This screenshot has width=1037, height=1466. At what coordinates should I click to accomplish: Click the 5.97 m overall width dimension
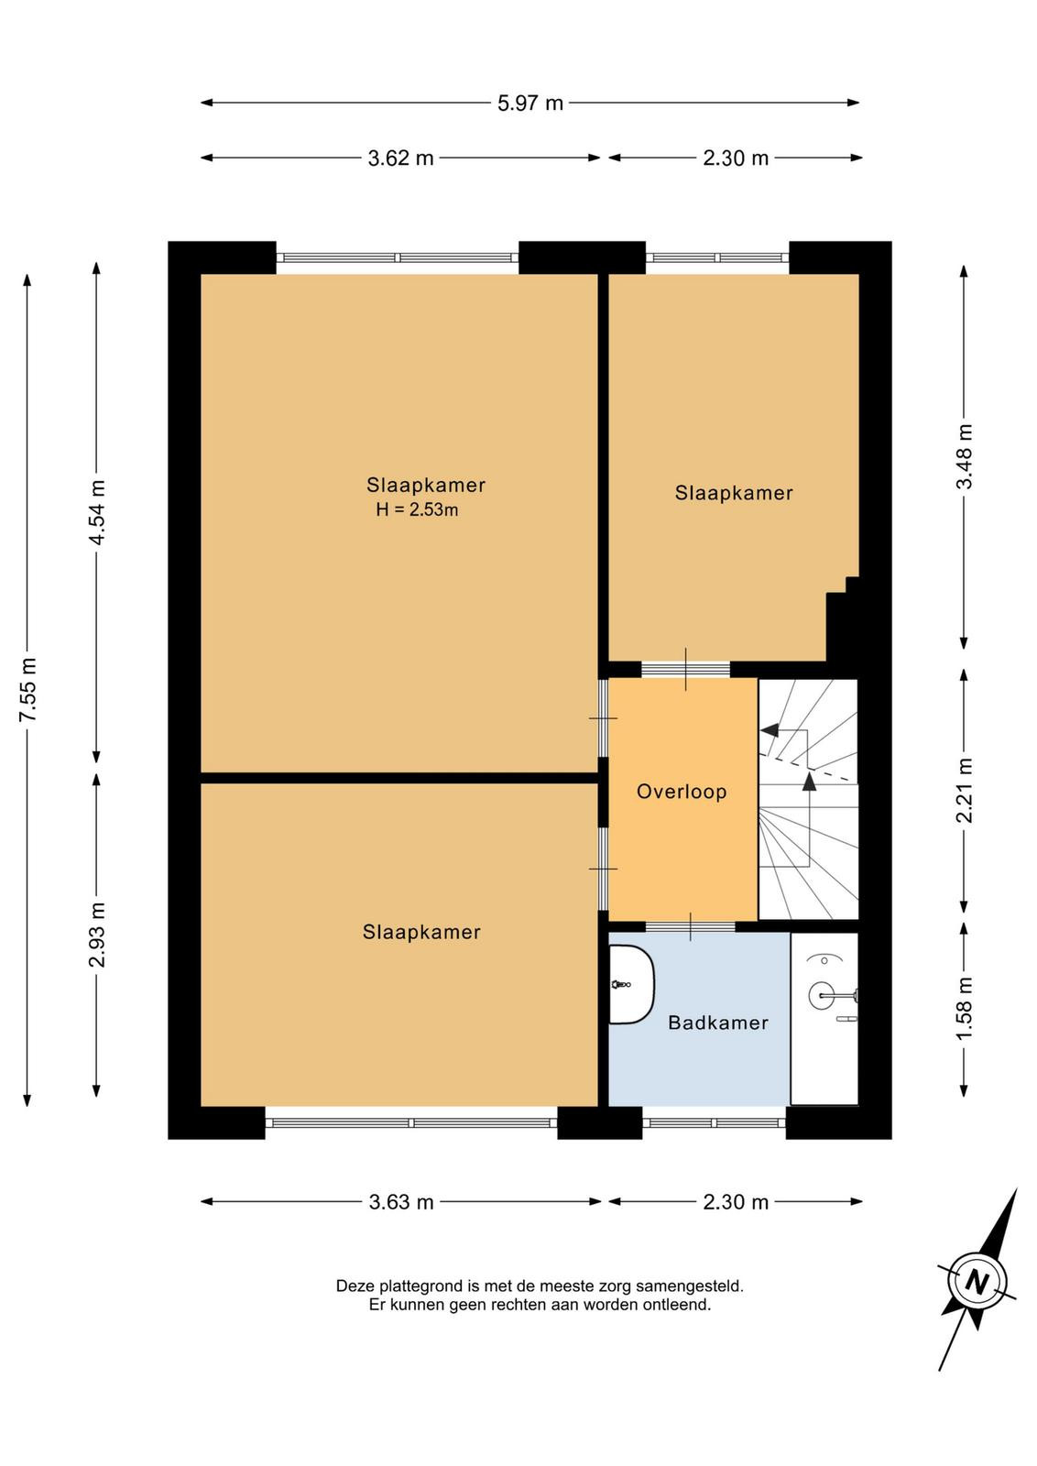click(529, 103)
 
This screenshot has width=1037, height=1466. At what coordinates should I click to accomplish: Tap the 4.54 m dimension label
click(97, 512)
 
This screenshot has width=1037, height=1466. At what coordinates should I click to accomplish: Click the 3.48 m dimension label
click(965, 456)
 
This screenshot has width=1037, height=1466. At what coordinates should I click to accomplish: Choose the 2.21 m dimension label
click(965, 790)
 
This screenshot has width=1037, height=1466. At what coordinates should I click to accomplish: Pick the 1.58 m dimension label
click(965, 1007)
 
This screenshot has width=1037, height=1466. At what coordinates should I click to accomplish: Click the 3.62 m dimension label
click(400, 158)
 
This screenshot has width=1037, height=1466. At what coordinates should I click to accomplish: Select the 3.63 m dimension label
click(401, 1201)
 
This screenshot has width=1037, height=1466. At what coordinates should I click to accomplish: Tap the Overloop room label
click(682, 792)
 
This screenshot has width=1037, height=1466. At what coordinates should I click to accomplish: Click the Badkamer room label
click(717, 1023)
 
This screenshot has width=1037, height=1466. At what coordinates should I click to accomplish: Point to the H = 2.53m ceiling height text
click(417, 509)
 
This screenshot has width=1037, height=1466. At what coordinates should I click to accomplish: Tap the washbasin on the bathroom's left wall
click(631, 984)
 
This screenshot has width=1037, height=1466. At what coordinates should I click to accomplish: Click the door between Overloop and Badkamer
click(690, 926)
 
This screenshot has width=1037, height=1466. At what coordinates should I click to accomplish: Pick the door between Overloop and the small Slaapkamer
click(685, 669)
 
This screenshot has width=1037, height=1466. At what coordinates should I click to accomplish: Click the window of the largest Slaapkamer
click(398, 257)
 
